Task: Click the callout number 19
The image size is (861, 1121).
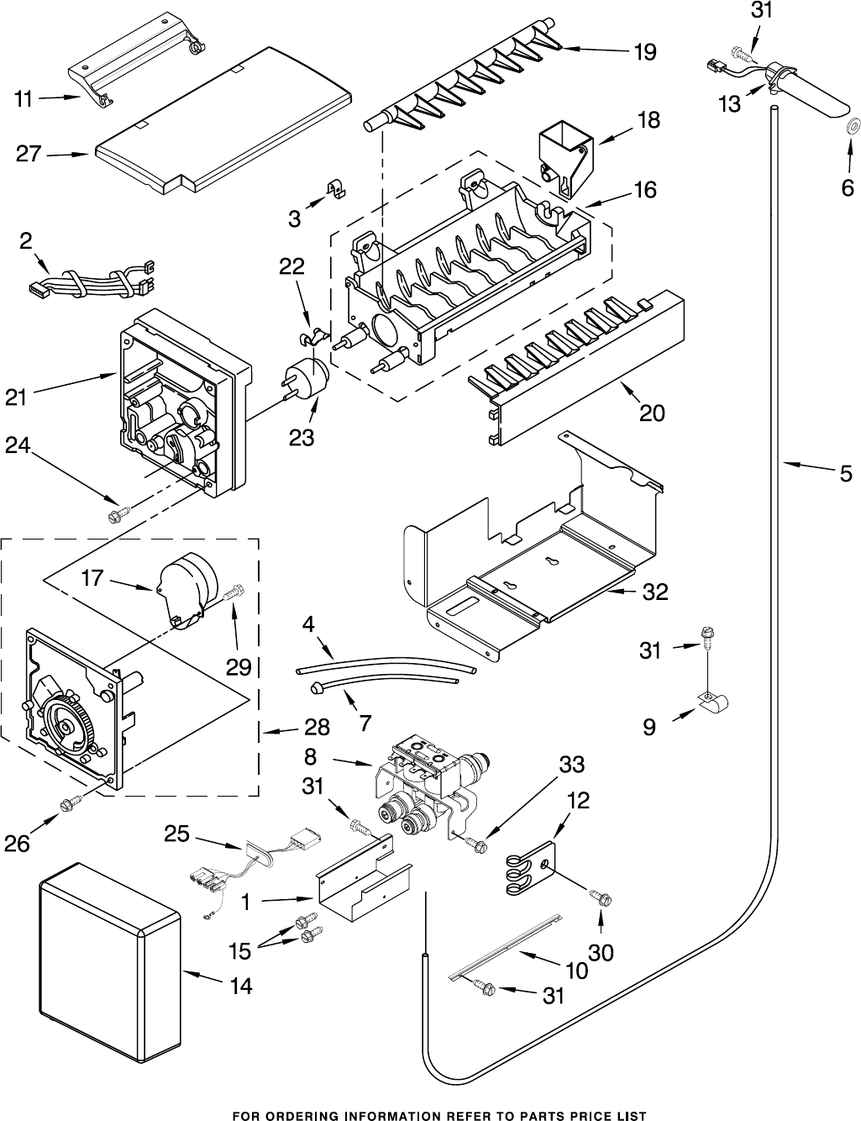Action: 644,53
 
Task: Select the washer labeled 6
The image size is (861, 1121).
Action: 850,127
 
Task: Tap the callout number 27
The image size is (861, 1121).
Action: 28,154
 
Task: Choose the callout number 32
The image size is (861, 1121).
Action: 655,592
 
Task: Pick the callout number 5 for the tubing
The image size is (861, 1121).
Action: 845,474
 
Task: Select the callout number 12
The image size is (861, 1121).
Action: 577,801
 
